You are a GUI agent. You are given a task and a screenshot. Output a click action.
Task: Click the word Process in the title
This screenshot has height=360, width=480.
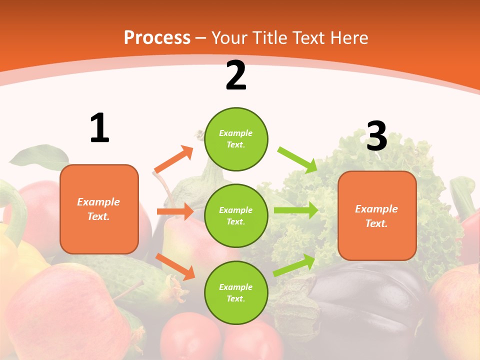point(157,37)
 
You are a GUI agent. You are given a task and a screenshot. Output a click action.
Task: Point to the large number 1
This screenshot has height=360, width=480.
point(99,128)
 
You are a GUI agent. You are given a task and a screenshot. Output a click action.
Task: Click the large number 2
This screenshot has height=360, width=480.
point(235,75)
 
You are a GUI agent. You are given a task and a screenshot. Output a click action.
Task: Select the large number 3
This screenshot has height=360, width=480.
point(376,136)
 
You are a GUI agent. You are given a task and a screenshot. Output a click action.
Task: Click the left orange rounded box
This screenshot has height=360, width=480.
point(99,209)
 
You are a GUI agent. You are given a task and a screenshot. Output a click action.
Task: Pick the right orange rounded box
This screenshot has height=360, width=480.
point(377,215)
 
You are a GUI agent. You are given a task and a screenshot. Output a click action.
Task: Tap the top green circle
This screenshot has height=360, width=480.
point(236,139)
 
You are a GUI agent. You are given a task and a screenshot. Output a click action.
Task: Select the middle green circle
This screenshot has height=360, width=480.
point(236,215)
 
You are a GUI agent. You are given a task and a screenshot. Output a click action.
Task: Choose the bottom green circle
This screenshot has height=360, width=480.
point(236,292)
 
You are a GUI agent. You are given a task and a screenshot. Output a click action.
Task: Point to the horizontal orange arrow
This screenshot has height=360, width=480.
point(175,211)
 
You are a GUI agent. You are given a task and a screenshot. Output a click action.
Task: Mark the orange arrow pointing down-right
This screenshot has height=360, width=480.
point(175,266)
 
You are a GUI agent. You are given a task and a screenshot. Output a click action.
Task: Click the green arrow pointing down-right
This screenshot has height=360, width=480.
point(298,159)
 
